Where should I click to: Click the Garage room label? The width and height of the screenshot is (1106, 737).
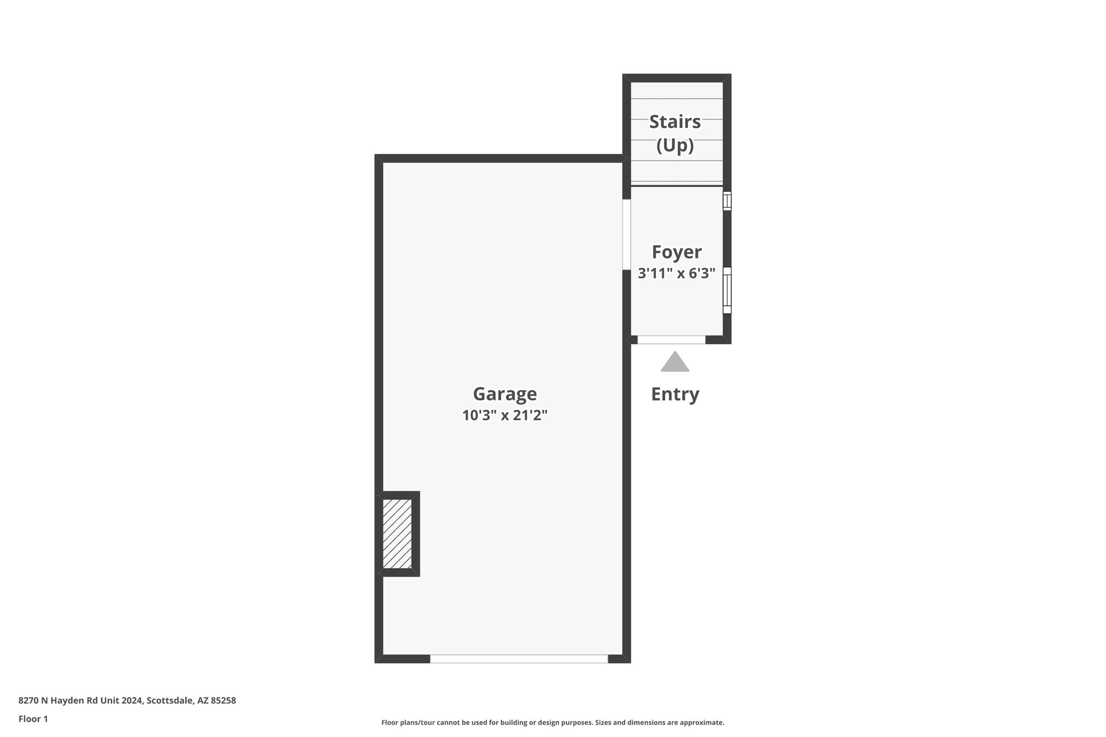(504, 394)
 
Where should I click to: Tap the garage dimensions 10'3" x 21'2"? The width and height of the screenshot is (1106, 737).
(504, 415)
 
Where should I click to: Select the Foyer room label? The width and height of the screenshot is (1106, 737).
(676, 252)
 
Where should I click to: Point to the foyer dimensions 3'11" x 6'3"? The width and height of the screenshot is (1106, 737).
(676, 273)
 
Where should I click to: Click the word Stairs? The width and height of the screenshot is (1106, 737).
(675, 122)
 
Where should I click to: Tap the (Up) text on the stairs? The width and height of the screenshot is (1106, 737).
(675, 145)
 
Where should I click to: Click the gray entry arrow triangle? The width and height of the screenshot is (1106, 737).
(675, 362)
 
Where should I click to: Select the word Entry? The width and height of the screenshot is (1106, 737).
(675, 394)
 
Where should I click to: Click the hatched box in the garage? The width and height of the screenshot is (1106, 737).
(397, 533)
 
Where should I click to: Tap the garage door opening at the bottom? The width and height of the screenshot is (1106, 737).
(518, 659)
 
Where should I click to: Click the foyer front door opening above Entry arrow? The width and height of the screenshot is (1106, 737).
(671, 340)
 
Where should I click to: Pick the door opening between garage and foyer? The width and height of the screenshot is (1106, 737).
(626, 234)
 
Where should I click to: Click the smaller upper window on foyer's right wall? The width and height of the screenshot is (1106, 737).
(727, 201)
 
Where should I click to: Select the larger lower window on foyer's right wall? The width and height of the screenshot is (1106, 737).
(727, 290)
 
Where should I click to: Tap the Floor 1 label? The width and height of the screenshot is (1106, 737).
(33, 719)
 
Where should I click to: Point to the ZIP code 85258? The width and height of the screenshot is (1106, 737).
(223, 700)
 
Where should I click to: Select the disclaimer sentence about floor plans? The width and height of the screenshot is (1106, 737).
(552, 722)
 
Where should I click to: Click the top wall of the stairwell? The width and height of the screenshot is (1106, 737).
(677, 78)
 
